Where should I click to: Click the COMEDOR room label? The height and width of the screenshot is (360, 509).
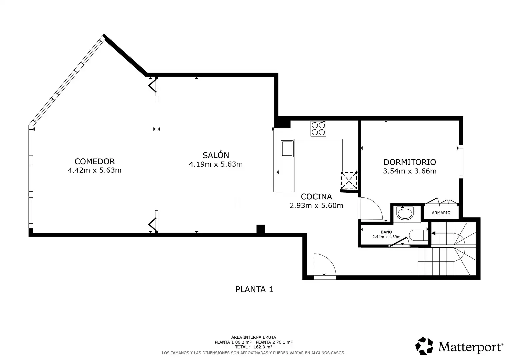(x=95, y=161)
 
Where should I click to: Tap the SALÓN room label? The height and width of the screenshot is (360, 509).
(x=216, y=155)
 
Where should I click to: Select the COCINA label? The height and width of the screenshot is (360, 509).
(x=316, y=196)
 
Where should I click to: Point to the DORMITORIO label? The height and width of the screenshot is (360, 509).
(x=410, y=162)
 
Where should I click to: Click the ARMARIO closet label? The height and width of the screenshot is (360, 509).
(x=441, y=213)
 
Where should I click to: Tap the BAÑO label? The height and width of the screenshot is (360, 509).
(x=386, y=232)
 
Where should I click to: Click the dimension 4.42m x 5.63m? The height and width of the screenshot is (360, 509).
(x=95, y=170)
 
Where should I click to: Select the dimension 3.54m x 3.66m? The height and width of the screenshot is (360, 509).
(x=410, y=171)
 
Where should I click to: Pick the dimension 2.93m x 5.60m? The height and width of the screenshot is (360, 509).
(x=316, y=205)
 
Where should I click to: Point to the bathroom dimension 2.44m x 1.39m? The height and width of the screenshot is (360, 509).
(x=386, y=237)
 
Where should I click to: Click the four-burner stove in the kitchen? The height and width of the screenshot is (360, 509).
(x=318, y=129)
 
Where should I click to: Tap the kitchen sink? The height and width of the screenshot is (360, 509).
(x=287, y=149)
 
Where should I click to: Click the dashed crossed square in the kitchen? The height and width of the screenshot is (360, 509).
(x=349, y=181)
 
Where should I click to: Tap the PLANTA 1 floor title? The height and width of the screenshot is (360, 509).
(x=254, y=289)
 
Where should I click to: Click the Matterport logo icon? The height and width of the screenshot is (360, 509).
(x=424, y=346)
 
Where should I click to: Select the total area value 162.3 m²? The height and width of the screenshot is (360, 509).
(x=263, y=347)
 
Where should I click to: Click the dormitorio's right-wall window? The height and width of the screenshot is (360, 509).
(x=461, y=162)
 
